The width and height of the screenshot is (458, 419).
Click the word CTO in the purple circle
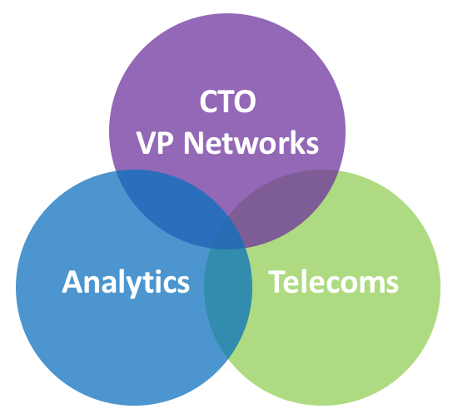(228, 101)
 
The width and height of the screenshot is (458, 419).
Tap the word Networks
(251, 143)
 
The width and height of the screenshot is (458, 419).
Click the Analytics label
(126, 283)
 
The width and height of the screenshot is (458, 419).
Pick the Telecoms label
(333, 282)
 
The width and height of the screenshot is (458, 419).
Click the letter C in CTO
(209, 101)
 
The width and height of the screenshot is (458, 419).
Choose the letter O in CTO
(245, 101)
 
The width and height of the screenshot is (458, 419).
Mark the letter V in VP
(146, 143)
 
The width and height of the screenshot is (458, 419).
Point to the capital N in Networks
(194, 143)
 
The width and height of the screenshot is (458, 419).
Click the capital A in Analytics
(72, 282)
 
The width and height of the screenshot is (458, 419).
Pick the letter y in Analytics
(133, 287)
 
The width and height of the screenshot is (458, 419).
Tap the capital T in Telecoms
(277, 283)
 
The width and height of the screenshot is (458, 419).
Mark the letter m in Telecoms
(371, 284)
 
